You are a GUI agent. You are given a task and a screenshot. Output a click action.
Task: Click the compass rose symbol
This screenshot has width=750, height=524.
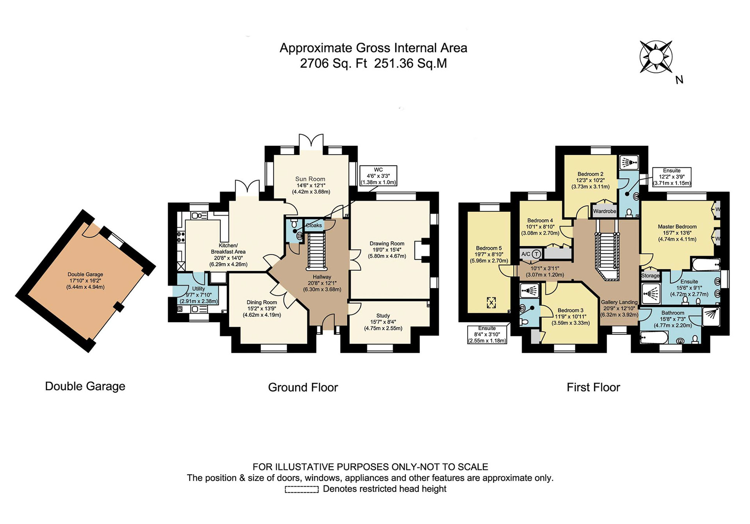(x=656, y=57)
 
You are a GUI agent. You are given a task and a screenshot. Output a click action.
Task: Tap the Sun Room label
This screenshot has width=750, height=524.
(x=310, y=179)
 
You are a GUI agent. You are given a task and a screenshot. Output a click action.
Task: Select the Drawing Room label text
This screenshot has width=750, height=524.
(x=387, y=243)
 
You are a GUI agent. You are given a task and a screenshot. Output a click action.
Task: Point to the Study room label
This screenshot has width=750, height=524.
(x=383, y=316)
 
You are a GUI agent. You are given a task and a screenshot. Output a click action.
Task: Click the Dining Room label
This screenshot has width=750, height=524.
(x=262, y=302)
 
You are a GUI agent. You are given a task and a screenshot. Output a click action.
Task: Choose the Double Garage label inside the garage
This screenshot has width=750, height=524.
(x=85, y=274)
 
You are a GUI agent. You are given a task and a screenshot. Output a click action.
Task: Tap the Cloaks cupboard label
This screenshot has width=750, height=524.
(x=314, y=225)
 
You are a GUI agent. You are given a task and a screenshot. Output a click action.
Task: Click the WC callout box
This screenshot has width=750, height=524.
(x=378, y=176)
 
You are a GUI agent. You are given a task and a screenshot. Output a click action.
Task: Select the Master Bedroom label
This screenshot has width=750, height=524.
(x=677, y=227)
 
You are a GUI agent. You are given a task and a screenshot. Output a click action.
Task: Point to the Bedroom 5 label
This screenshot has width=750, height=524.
(x=489, y=248)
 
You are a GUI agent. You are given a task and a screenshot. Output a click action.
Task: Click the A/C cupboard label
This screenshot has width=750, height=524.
(x=526, y=254)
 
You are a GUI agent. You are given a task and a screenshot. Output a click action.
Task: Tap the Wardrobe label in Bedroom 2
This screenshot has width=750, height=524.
(x=604, y=211)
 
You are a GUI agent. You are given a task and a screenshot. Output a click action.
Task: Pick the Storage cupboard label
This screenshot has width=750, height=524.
(x=650, y=275)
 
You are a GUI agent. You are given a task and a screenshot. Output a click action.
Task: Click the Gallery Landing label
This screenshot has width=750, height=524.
(x=619, y=302)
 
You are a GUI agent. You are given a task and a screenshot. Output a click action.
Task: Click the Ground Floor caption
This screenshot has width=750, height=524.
(x=303, y=387)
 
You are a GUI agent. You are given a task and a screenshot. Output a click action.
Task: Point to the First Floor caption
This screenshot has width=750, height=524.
(x=593, y=387)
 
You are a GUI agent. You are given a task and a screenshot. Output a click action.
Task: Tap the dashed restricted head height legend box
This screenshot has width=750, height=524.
(x=302, y=489)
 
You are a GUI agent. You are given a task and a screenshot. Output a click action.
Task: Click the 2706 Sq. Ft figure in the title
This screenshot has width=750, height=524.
(x=334, y=63)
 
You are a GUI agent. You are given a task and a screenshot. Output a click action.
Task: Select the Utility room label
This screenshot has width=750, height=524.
(x=198, y=289)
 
